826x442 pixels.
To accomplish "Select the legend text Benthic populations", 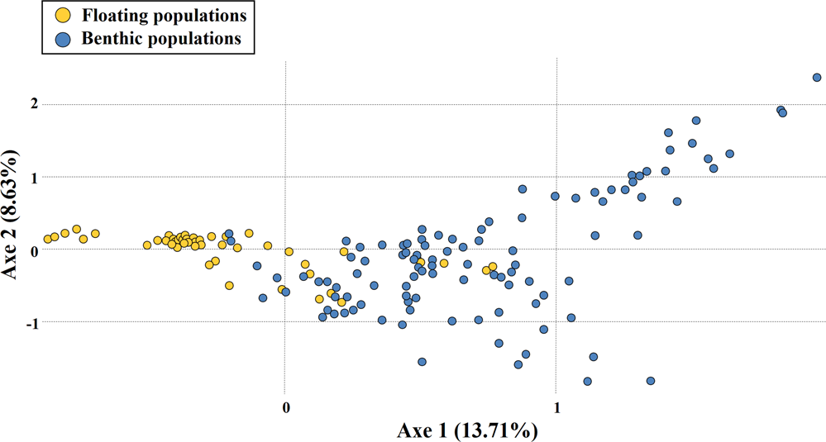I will (157, 38).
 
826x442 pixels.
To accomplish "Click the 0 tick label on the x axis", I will (286, 406).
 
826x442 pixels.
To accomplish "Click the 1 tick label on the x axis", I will (557, 406).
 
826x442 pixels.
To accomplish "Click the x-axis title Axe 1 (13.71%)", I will (469, 430).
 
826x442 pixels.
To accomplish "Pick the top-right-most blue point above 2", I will (817, 78).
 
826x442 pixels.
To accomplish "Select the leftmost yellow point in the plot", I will (48, 240).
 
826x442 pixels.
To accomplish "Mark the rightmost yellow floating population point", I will (493, 267).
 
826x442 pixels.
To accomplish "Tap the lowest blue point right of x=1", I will (588, 382).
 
